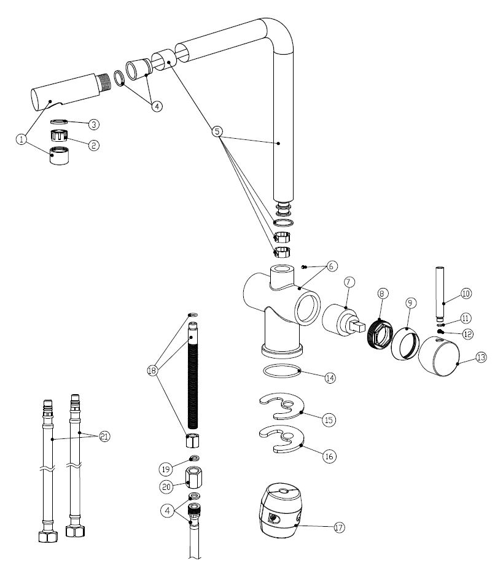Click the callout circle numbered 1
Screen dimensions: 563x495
tap(21, 139)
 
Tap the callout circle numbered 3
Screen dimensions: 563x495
tap(93, 125)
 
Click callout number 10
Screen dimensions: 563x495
tap(466, 293)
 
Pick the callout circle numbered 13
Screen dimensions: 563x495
tap(481, 357)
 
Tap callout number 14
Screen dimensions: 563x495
tap(330, 378)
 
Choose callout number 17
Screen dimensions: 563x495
tap(338, 527)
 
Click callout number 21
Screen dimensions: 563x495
tap(105, 437)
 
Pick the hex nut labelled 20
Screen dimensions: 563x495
tap(192, 477)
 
